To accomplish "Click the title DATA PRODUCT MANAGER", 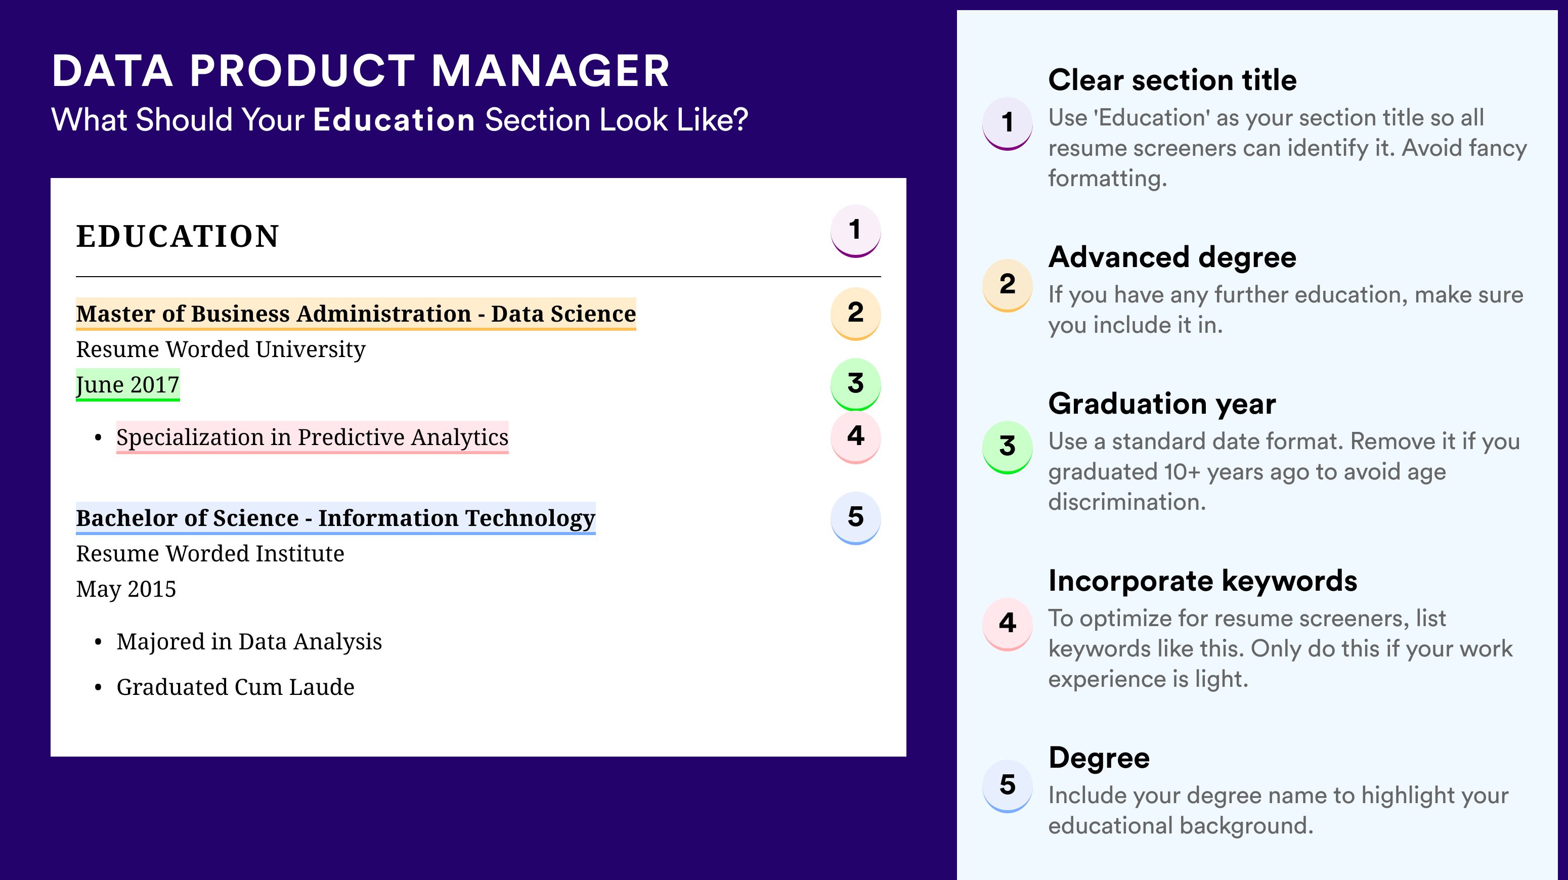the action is pyautogui.click(x=360, y=71).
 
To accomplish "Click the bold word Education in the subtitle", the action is pyautogui.click(x=394, y=119).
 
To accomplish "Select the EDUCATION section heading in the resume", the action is pyautogui.click(x=177, y=236).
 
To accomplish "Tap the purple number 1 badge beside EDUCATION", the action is pyautogui.click(x=855, y=231).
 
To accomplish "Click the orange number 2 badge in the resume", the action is pyautogui.click(x=855, y=314).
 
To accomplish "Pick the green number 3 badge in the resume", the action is pyautogui.click(x=855, y=384).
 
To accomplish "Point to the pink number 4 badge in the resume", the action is pyautogui.click(x=855, y=437).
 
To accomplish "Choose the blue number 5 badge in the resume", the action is pyautogui.click(x=855, y=518).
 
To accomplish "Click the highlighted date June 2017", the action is pyautogui.click(x=128, y=384).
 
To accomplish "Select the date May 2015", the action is pyautogui.click(x=126, y=589).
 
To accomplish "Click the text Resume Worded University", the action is pyautogui.click(x=221, y=349).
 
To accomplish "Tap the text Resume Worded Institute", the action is pyautogui.click(x=210, y=554).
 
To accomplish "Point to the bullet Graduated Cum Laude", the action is pyautogui.click(x=235, y=687).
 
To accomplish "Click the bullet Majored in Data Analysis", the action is pyautogui.click(x=249, y=642).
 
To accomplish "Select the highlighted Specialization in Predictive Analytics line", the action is pyautogui.click(x=312, y=437).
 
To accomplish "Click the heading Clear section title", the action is pyautogui.click(x=1172, y=80).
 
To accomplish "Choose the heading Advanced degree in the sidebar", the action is pyautogui.click(x=1172, y=257).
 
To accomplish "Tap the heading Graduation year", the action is pyautogui.click(x=1162, y=404).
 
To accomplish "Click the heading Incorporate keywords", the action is pyautogui.click(x=1203, y=581).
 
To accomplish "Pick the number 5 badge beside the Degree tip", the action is pyautogui.click(x=1008, y=785).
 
